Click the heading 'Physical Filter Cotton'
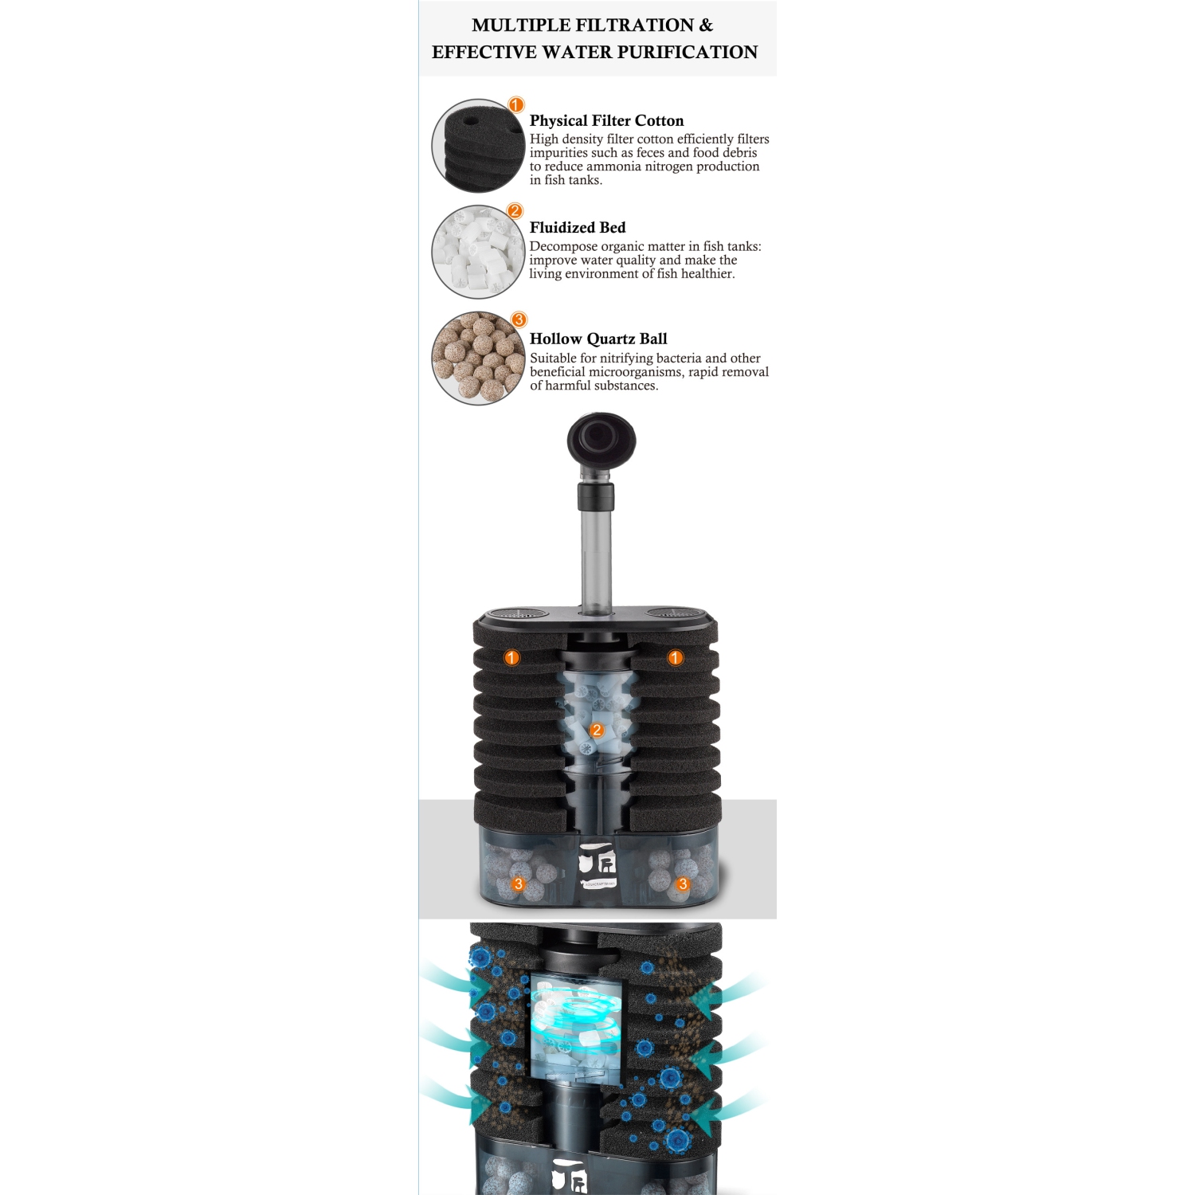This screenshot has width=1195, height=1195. [x=606, y=120]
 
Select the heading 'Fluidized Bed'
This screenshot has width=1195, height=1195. [x=578, y=227]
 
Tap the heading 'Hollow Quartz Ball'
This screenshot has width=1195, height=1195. [x=598, y=339]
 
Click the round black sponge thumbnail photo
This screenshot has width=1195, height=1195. [x=476, y=146]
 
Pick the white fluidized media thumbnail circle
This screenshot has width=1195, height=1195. [x=476, y=252]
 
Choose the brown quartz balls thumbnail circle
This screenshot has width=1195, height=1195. [x=476, y=358]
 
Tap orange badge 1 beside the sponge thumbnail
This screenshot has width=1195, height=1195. [x=516, y=105]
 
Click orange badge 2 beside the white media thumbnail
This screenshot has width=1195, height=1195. [x=515, y=211]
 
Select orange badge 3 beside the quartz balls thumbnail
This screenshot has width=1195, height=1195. [x=519, y=319]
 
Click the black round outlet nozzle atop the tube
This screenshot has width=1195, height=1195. [x=601, y=440]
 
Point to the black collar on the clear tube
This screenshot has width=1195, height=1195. [x=596, y=496]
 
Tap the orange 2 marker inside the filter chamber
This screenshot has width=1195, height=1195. [x=597, y=730]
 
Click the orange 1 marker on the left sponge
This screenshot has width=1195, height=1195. [x=512, y=657]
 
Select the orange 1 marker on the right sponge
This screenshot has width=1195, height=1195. [x=676, y=657]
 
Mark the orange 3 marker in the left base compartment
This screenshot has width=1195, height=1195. [x=519, y=884]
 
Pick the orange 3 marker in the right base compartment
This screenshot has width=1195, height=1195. [x=683, y=884]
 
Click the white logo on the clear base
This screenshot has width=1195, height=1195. [x=597, y=865]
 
